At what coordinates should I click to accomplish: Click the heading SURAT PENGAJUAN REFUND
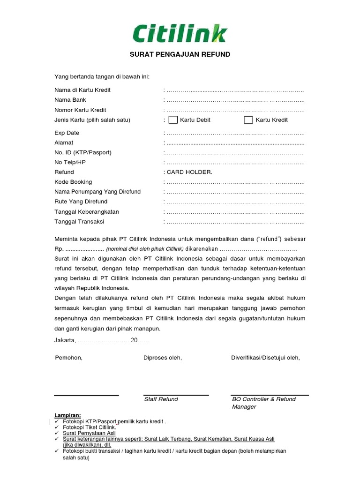pyautogui.click(x=180, y=54)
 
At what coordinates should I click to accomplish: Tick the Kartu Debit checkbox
pyautogui.click(x=173, y=120)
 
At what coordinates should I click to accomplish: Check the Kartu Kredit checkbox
pyautogui.click(x=248, y=120)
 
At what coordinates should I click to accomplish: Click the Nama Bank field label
pyautogui.click(x=70, y=100)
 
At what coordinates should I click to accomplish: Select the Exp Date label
pyautogui.click(x=67, y=133)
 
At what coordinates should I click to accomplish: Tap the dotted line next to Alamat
pyautogui.click(x=235, y=143)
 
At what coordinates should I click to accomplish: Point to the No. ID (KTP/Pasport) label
pyautogui.click(x=83, y=152)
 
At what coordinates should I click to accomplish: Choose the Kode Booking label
pyautogui.click(x=73, y=182)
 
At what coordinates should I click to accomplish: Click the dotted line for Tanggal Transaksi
pyautogui.click(x=235, y=222)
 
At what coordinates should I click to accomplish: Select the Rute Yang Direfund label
pyautogui.click(x=80, y=202)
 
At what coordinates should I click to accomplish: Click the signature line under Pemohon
pyautogui.click(x=86, y=396)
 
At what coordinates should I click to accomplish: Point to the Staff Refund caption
pyautogui.click(x=161, y=399)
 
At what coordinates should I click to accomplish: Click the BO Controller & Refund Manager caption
pyautogui.click(x=263, y=403)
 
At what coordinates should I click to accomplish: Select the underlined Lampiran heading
pyautogui.click(x=67, y=415)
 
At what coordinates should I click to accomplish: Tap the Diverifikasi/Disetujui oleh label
pyautogui.click(x=265, y=358)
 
